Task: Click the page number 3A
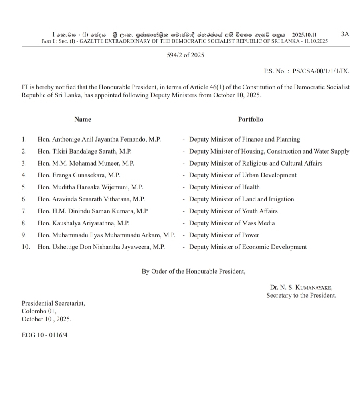click(x=345, y=34)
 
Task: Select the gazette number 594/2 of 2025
click(x=185, y=55)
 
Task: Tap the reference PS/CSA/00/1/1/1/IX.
click(x=321, y=71)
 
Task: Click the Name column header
click(x=83, y=119)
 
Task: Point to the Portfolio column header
click(x=251, y=119)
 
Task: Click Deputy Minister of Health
click(x=224, y=187)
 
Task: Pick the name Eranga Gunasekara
click(x=79, y=175)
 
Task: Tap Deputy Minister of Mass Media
click(x=232, y=223)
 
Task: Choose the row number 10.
click(x=26, y=247)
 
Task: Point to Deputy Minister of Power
click(x=224, y=235)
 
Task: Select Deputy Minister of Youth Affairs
click(x=233, y=211)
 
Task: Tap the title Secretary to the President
click(x=301, y=296)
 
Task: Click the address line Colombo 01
click(x=39, y=311)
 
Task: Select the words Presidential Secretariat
click(x=53, y=304)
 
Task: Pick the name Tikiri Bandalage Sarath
click(x=85, y=152)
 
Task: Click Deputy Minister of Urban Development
click(x=243, y=175)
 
